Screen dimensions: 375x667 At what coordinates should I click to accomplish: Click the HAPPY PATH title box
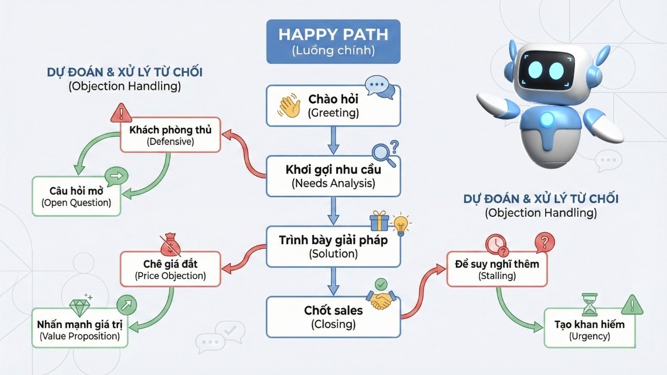tap(333, 42)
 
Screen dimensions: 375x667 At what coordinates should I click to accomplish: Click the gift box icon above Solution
tap(379, 221)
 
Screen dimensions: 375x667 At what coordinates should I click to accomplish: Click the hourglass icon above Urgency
tap(589, 305)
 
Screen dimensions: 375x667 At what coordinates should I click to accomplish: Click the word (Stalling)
tap(497, 276)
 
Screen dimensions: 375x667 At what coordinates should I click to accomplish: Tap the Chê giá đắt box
tap(170, 269)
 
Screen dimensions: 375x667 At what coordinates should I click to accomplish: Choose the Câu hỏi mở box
tap(76, 196)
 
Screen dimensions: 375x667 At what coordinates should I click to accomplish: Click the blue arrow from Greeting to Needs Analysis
tap(333, 141)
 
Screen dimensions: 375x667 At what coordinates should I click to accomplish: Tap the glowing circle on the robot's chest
tap(547, 118)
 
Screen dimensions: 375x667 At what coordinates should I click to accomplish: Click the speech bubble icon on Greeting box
tap(380, 88)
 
